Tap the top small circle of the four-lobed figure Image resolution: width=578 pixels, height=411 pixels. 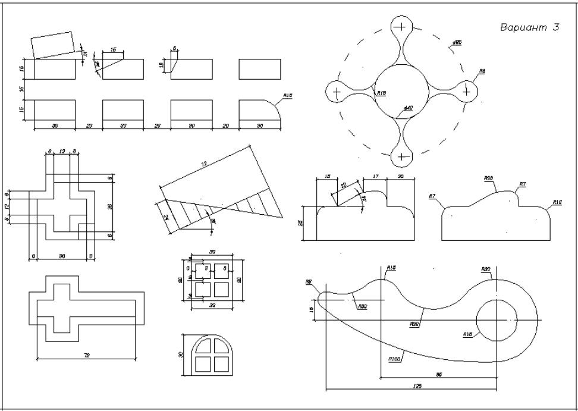tap(402, 26)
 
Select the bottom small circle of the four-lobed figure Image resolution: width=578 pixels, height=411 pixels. tap(403, 156)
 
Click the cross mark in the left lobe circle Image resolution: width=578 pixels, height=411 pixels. tap(337, 92)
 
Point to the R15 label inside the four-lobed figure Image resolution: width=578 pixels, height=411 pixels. tap(381, 93)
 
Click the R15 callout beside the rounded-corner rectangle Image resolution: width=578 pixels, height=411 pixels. tap(288, 96)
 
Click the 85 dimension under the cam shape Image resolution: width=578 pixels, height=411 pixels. tap(438, 374)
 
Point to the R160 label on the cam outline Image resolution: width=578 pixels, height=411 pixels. tap(395, 359)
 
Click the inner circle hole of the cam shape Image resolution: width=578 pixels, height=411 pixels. tap(497, 320)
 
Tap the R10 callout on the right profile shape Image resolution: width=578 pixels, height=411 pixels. tap(557, 202)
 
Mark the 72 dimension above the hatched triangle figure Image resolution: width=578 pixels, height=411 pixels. tap(205, 162)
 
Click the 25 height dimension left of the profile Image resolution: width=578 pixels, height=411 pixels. tap(301, 223)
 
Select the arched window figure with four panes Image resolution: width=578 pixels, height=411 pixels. tap(208, 355)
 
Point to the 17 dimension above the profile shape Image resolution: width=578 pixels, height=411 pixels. tap(375, 176)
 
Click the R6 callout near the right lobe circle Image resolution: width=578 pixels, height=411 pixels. tap(482, 71)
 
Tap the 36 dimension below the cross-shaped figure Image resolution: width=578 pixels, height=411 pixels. tap(61, 256)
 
